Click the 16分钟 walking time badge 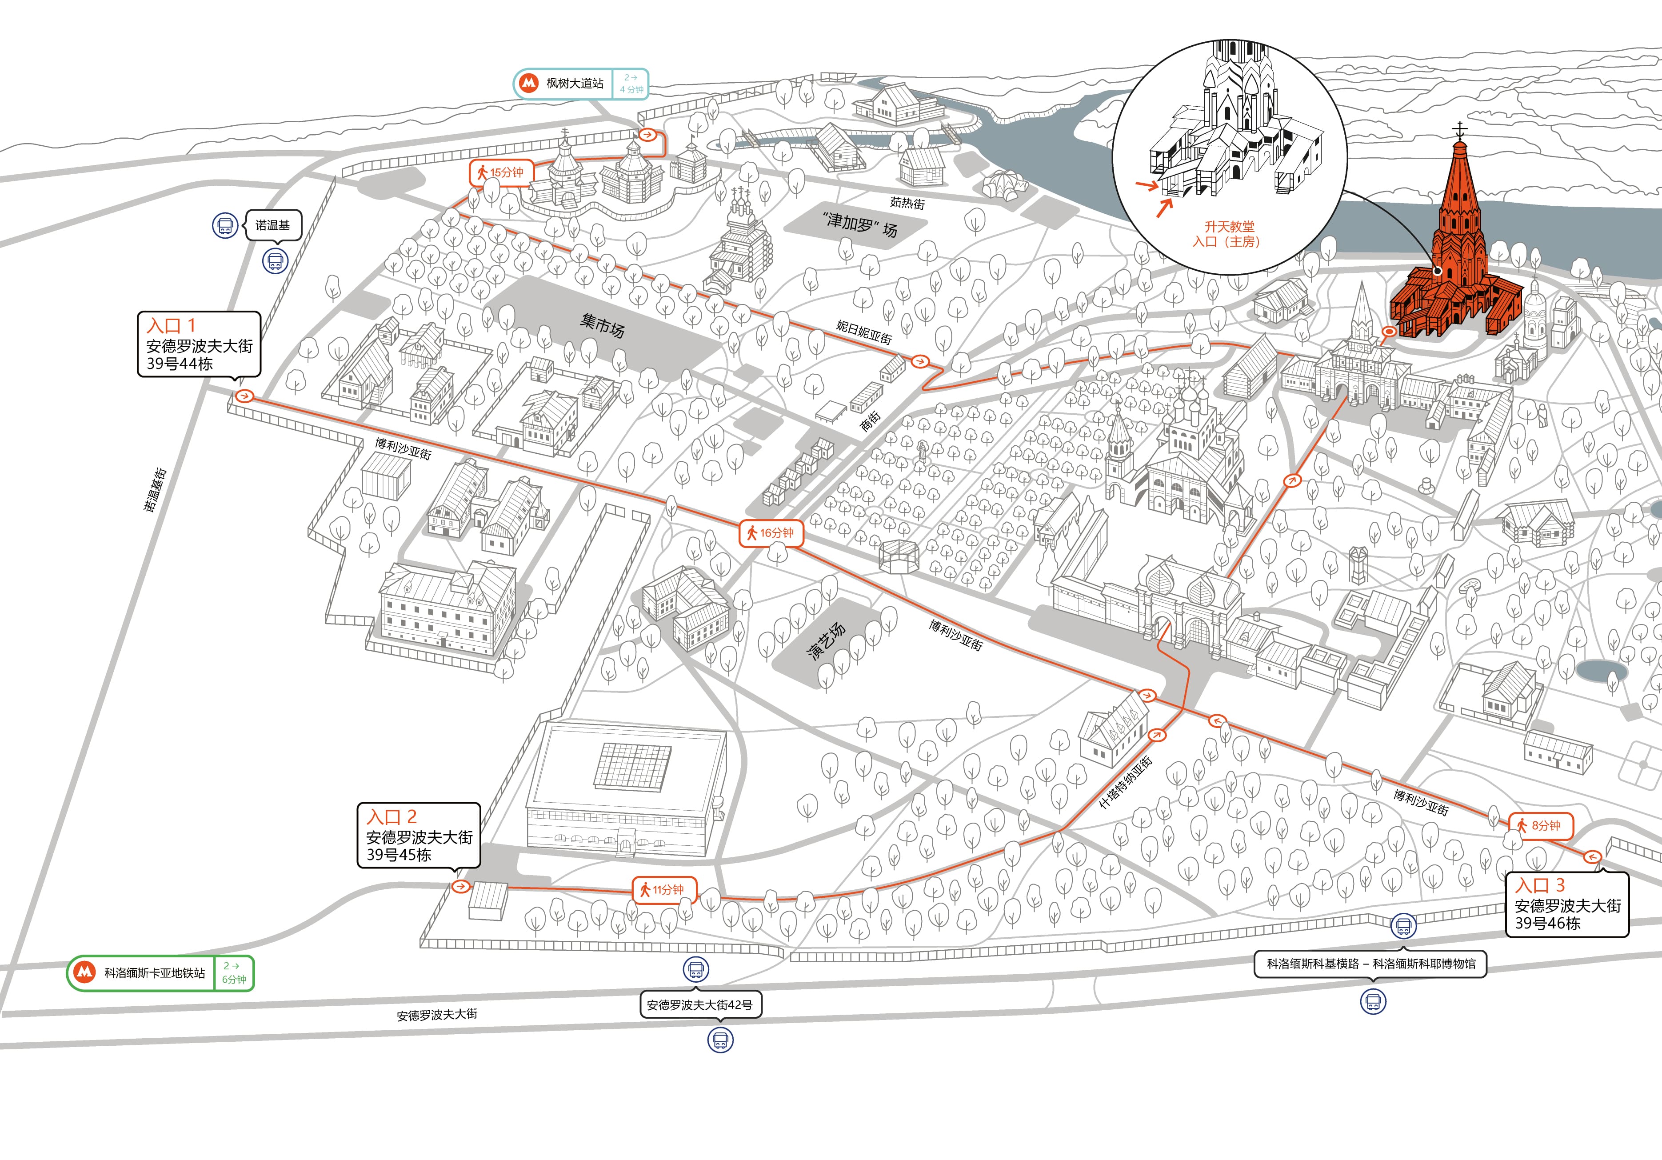click(x=771, y=533)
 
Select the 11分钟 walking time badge click(x=664, y=889)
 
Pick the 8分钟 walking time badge click(x=1540, y=825)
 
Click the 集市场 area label click(x=602, y=325)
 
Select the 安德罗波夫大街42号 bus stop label click(x=700, y=1005)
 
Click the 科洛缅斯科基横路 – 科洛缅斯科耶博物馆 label click(x=1371, y=964)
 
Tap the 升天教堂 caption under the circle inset click(x=1229, y=227)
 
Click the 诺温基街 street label click(x=155, y=489)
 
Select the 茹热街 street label click(x=908, y=204)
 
